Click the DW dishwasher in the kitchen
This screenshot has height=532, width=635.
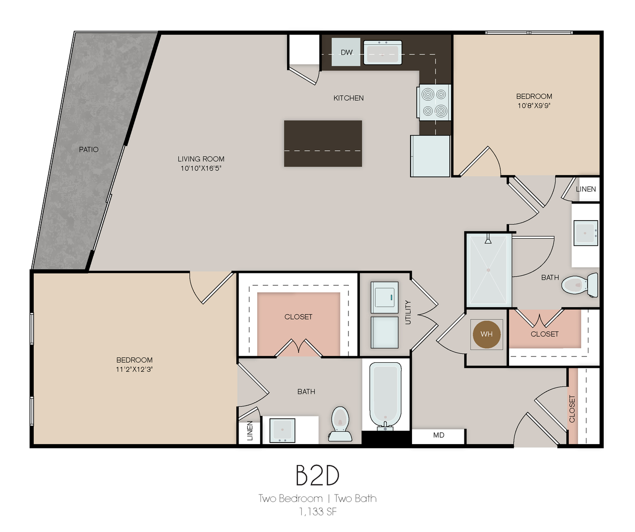(x=346, y=52)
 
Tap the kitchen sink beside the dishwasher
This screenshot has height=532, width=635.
(x=383, y=53)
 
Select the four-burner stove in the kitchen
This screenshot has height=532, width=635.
(x=434, y=103)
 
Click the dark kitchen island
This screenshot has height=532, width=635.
(x=323, y=144)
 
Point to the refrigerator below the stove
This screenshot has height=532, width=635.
(x=430, y=156)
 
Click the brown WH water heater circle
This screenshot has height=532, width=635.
(x=487, y=334)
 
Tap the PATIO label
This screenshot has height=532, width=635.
(x=89, y=149)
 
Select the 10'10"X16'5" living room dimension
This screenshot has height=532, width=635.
(x=201, y=168)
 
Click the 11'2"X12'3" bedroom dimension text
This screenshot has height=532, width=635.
(x=134, y=369)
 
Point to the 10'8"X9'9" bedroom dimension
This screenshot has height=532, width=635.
(x=534, y=106)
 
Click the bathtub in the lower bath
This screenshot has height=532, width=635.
(x=385, y=396)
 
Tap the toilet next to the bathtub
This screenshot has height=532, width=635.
(x=340, y=424)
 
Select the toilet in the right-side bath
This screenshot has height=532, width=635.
(x=579, y=285)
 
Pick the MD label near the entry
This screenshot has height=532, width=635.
(x=439, y=435)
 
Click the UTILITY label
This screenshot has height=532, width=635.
(x=408, y=312)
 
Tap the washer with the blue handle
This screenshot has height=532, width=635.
(x=385, y=297)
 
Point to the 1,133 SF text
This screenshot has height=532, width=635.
(x=318, y=512)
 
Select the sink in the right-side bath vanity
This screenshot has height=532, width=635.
(x=586, y=233)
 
